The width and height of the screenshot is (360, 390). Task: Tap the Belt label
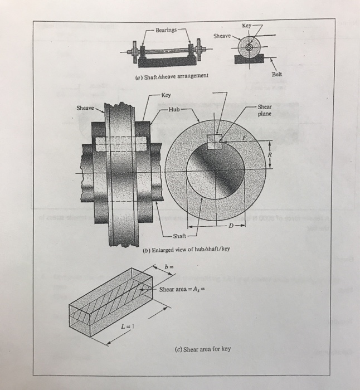278,74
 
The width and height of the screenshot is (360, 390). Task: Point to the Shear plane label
265,110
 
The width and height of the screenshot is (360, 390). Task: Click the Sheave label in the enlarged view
85,108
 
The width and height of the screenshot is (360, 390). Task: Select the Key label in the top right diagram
247,26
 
